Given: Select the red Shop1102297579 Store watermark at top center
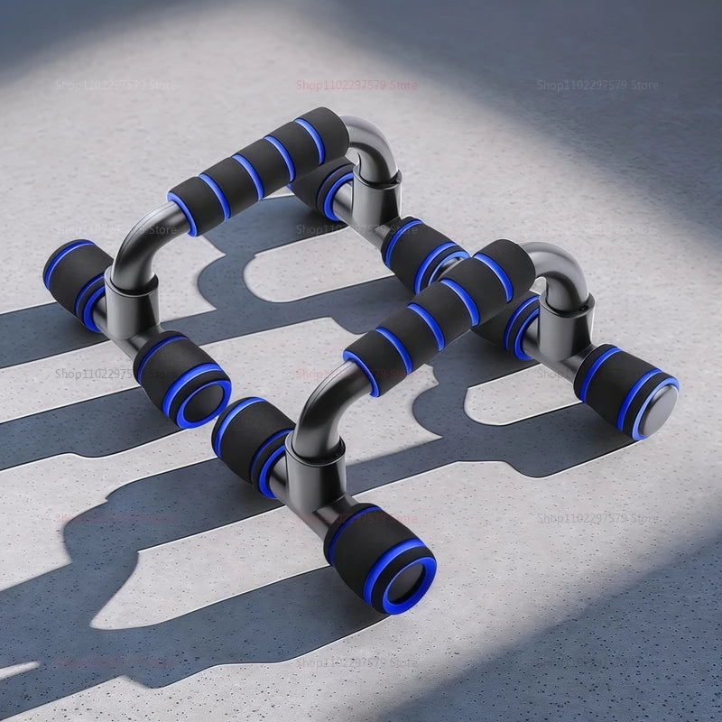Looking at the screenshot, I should point(357,85).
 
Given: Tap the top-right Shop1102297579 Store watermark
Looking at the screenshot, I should point(597,85).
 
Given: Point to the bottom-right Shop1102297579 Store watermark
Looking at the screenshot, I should point(597,518).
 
